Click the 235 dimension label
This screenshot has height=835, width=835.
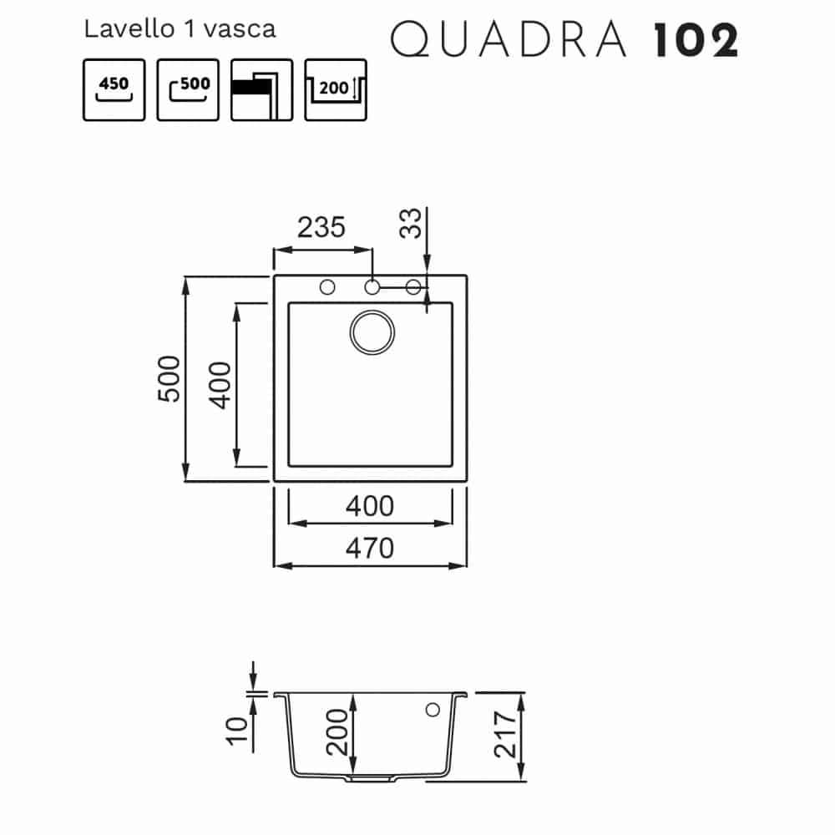[x=321, y=227]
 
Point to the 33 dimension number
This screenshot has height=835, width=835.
[x=411, y=223]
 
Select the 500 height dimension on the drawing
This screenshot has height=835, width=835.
[x=170, y=378]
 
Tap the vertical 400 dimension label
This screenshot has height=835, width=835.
[x=220, y=385]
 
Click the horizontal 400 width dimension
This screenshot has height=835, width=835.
[x=370, y=506]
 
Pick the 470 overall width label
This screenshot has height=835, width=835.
[x=370, y=548]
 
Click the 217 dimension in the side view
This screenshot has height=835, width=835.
[x=505, y=734]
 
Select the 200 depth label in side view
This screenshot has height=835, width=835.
[x=337, y=731]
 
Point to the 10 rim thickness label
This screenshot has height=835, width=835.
[x=237, y=731]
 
